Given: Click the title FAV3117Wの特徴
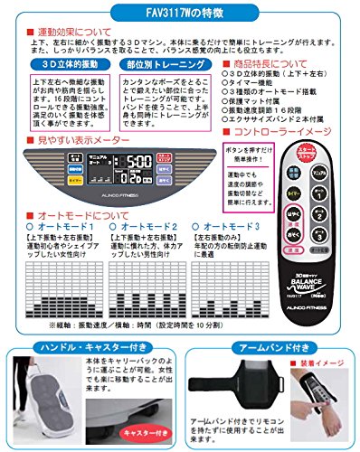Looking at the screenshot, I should pos(179,13).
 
